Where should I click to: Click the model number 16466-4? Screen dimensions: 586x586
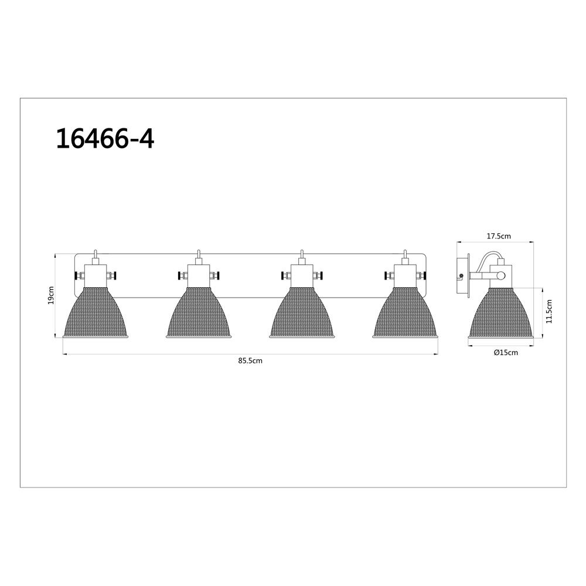pyautogui.click(x=105, y=139)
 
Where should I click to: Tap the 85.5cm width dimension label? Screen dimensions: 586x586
pyautogui.click(x=250, y=360)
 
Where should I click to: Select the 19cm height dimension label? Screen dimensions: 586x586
pyautogui.click(x=51, y=295)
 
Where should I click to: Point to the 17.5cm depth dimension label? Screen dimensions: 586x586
pyautogui.click(x=499, y=236)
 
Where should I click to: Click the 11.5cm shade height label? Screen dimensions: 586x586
pyautogui.click(x=548, y=312)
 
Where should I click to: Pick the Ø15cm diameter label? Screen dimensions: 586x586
pyautogui.click(x=506, y=352)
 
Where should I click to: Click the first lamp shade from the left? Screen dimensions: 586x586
pyautogui.click(x=96, y=313)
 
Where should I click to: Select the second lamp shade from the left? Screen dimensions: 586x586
pyautogui.click(x=199, y=313)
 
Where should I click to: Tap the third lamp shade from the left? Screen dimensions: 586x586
pyautogui.click(x=302, y=313)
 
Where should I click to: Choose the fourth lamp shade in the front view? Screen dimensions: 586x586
pyautogui.click(x=405, y=313)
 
